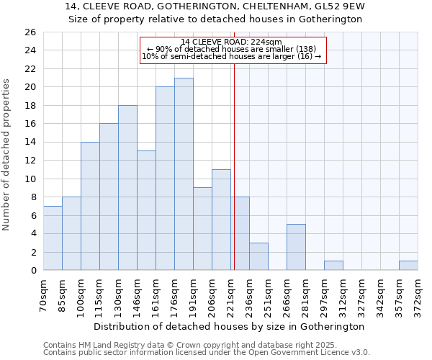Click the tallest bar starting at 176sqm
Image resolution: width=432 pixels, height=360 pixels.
click(x=184, y=174)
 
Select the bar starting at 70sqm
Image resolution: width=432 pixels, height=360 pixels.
click(x=53, y=238)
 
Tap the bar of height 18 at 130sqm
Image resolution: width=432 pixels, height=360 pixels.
click(x=127, y=188)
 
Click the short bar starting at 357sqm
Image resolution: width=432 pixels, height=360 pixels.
click(x=408, y=266)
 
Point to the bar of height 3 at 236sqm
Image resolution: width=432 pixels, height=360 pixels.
click(x=258, y=256)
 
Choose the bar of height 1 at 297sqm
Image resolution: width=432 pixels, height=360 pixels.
click(x=333, y=266)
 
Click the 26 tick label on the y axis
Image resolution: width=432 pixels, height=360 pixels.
click(x=30, y=32)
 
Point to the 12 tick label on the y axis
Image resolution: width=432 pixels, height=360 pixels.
click(x=30, y=161)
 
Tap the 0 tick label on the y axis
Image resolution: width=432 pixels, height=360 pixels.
click(x=32, y=271)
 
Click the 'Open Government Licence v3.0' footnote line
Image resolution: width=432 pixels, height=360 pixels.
click(x=207, y=352)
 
